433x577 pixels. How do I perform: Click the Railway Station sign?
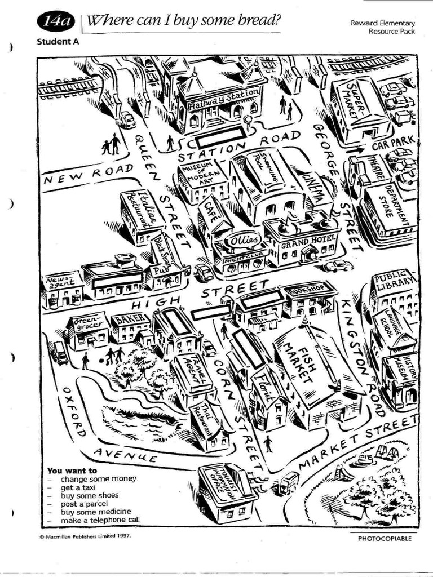tap(217, 100)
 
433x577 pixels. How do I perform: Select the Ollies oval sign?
tap(243, 241)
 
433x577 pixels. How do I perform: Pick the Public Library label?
tap(394, 282)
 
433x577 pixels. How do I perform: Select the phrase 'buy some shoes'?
tap(90, 495)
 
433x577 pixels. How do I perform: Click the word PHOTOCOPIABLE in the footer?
tap(385, 539)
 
